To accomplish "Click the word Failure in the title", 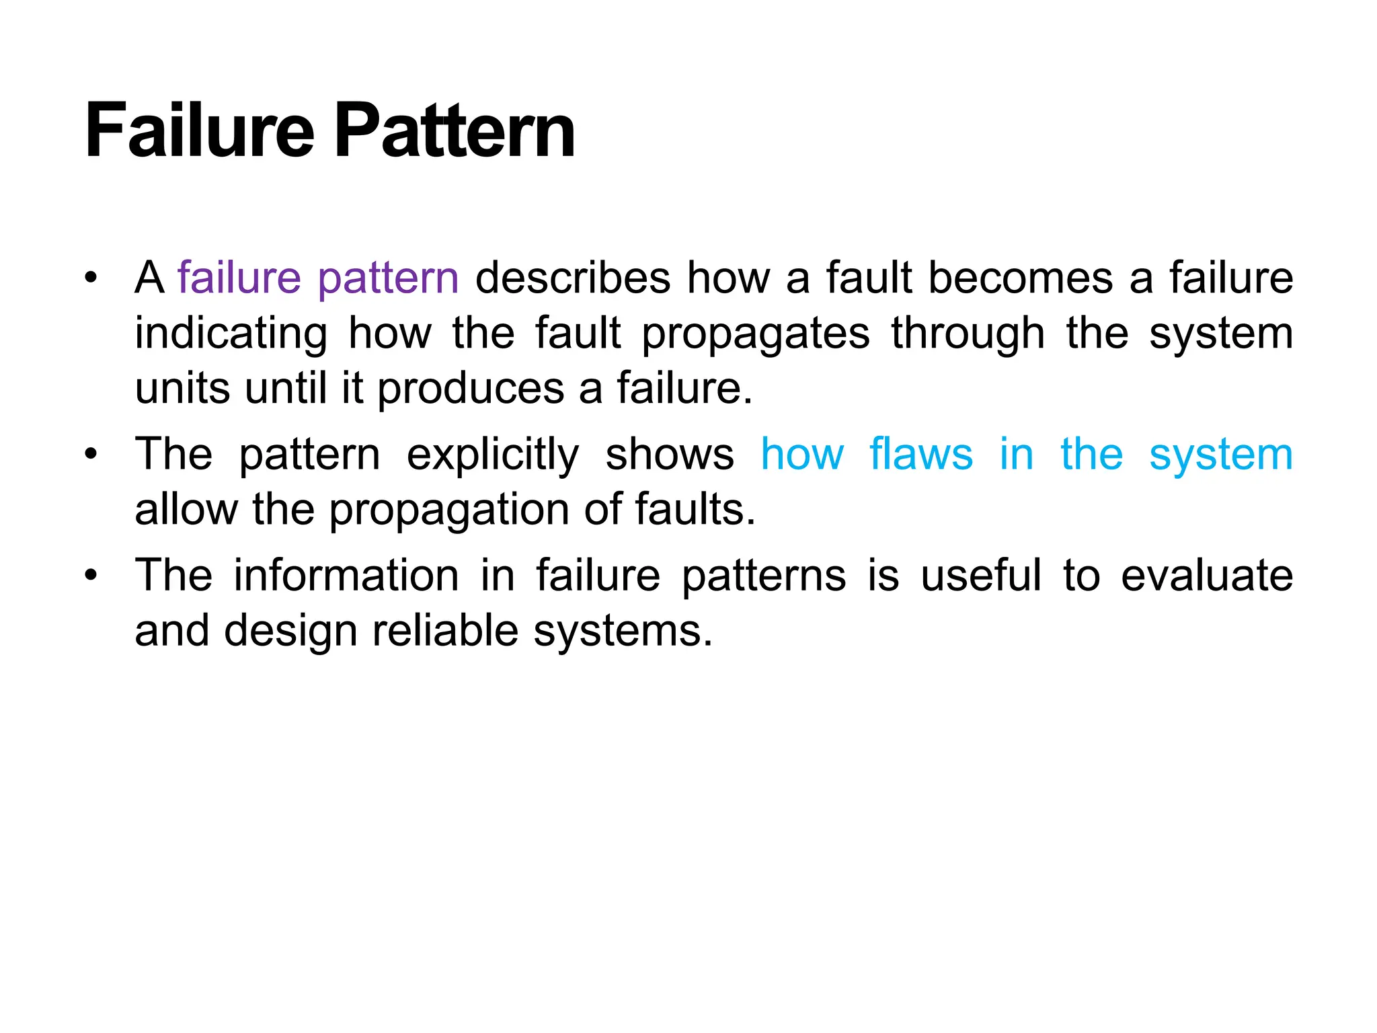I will tap(200, 130).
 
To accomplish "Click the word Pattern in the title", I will tap(455, 130).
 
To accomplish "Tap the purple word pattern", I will tap(388, 279).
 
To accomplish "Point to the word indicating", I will tap(231, 334).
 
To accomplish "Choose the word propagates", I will tap(756, 334).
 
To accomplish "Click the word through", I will tap(968, 334).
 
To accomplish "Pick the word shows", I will tap(670, 455).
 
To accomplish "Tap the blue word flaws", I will tap(921, 455).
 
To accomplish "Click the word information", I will tap(346, 576).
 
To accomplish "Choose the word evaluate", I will tap(1207, 576).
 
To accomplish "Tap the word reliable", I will tap(445, 631).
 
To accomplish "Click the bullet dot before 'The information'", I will tap(91, 576).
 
